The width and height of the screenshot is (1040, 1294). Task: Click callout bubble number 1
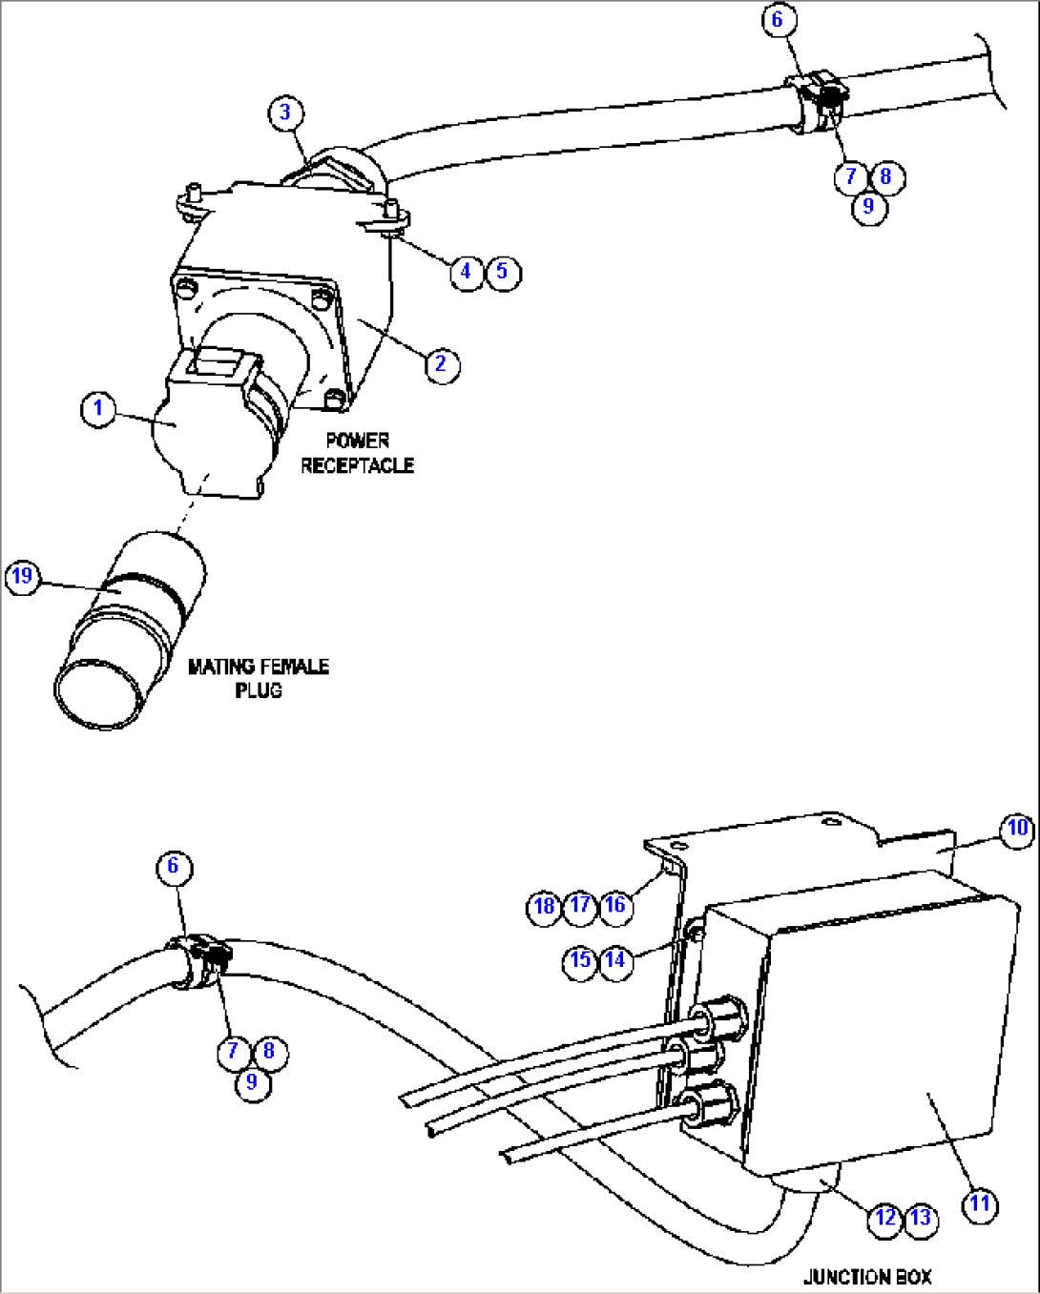98,410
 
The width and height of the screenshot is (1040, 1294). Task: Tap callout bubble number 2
443,364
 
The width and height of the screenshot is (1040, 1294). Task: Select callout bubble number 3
286,113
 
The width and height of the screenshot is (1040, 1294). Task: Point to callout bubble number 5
503,273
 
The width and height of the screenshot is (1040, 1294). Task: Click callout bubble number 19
22,577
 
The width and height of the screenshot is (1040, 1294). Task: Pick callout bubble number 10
1017,830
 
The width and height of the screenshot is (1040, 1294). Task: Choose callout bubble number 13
921,1219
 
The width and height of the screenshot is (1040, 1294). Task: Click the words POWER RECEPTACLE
358,453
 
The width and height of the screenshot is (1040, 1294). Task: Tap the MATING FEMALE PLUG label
259,678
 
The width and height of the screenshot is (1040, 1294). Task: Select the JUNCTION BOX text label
868,1276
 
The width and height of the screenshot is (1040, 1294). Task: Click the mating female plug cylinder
130,630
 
